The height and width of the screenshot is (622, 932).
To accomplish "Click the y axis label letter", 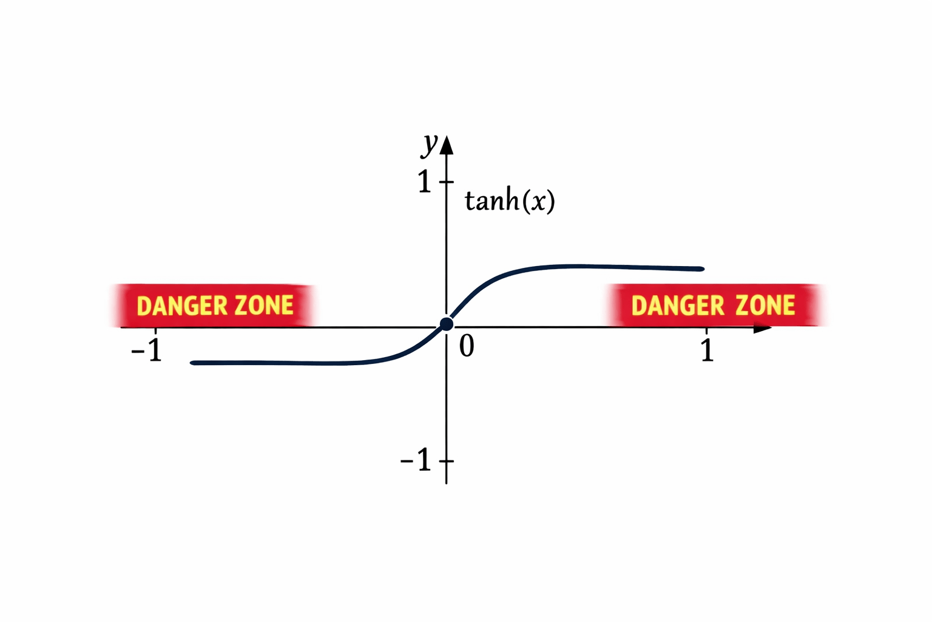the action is tap(431, 144).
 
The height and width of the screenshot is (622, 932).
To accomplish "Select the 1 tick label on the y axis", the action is tap(425, 182).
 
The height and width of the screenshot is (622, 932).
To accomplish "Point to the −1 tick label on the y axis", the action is tap(416, 461).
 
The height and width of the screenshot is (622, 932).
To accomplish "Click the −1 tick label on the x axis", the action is tap(147, 350).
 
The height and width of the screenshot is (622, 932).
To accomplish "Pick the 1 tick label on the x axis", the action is tap(707, 350).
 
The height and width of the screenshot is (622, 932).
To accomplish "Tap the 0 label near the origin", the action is tap(467, 346).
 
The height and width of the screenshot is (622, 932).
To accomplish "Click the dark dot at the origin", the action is tap(447, 324).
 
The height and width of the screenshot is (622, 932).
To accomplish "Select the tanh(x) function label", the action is tap(510, 200).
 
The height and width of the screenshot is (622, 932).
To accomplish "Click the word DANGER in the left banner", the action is tap(181, 306).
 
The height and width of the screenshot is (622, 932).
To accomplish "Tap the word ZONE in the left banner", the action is tap(264, 306).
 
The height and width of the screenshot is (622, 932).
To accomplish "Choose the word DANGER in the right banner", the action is tap(678, 306).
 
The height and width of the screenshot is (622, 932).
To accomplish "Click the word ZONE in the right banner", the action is tap(765, 305).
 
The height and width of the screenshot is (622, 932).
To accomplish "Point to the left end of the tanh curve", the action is tap(193, 363).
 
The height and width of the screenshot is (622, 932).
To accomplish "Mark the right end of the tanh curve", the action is tap(702, 268).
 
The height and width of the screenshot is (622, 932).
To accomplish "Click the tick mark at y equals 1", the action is tap(447, 182).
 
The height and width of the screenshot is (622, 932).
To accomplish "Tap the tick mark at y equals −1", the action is tap(447, 461).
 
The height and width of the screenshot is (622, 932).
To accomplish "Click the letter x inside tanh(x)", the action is tap(538, 201).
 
